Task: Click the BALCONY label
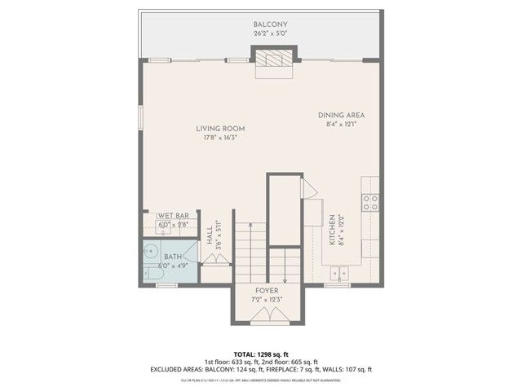(268, 25)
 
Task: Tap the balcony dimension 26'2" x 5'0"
(268, 34)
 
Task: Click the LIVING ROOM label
(220, 128)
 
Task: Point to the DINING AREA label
(341, 115)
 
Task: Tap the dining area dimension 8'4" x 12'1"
(341, 124)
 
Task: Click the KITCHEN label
(332, 231)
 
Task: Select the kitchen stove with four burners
(370, 201)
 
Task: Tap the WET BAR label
(173, 217)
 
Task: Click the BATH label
(173, 256)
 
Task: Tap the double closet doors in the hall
(217, 259)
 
